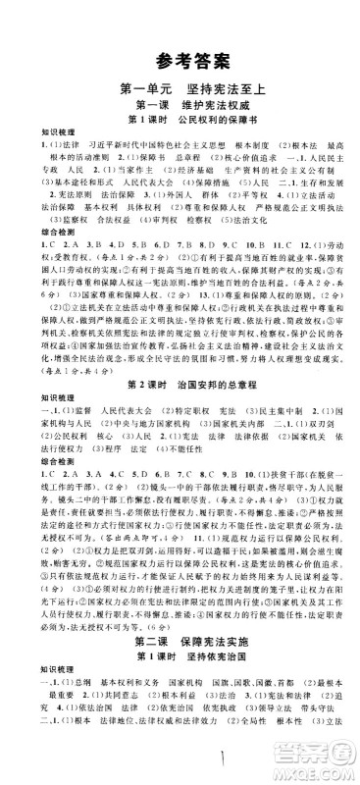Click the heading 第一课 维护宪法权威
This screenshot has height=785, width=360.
pyautogui.click(x=179, y=105)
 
